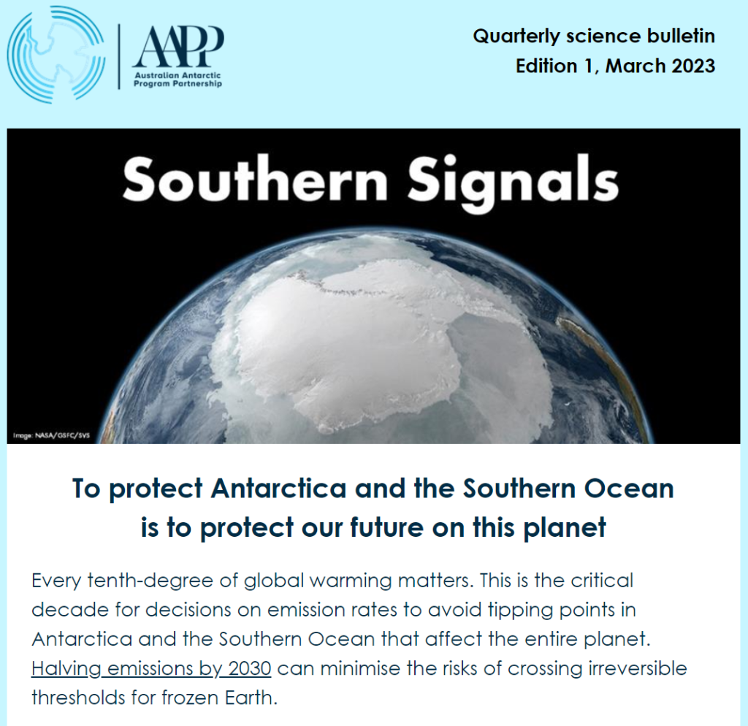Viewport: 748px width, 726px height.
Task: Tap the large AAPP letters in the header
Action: click(x=178, y=46)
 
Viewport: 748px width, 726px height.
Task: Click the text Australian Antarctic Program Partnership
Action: click(x=178, y=80)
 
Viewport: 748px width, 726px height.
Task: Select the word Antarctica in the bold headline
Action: click(x=281, y=489)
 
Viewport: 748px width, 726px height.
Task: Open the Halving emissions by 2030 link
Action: click(x=151, y=668)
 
